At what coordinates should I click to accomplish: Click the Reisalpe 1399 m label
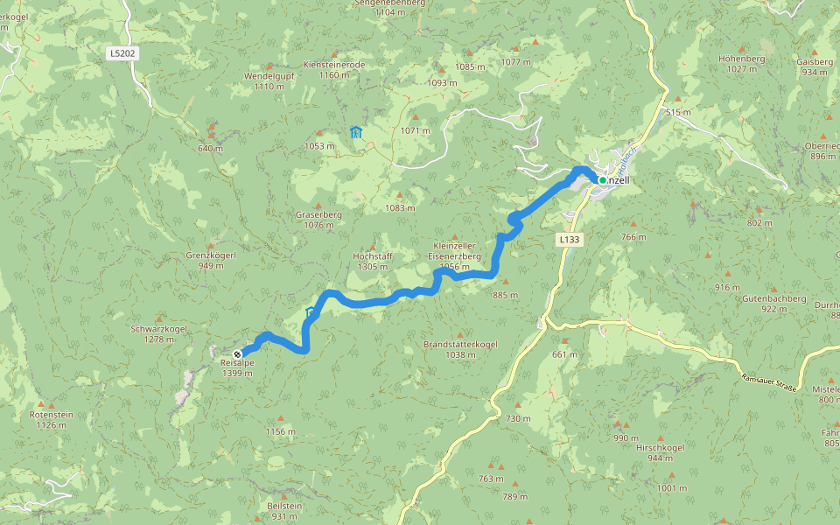point(237,368)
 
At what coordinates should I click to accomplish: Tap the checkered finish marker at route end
point(238,353)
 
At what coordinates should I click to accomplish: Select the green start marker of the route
point(602,180)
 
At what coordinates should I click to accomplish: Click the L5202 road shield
point(122,53)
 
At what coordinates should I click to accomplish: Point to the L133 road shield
point(568,238)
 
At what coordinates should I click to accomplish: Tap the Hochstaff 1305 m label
point(372,261)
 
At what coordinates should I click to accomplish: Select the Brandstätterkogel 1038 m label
point(460,349)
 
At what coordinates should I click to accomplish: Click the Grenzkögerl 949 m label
point(211,260)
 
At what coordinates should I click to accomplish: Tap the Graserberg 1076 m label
point(318,220)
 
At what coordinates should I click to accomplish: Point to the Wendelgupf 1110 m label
point(269,81)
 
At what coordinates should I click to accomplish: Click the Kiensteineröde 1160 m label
point(333,70)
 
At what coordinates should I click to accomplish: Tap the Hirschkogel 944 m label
point(660,452)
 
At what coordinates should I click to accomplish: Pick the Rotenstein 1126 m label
point(51,420)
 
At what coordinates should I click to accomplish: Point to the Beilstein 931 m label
point(284,511)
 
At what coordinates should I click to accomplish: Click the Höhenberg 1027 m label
point(741,64)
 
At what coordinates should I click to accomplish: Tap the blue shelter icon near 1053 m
point(355,132)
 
